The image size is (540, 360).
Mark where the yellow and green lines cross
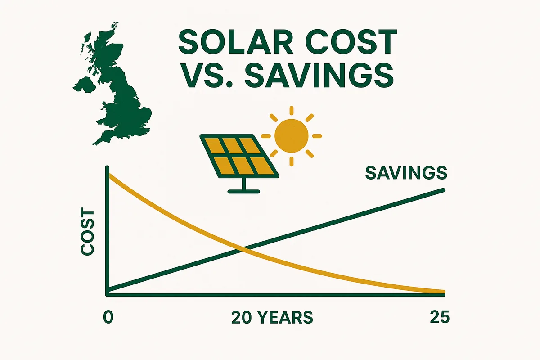(x=243, y=248)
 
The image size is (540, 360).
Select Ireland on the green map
(x=83, y=88)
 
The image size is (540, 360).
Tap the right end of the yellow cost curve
(x=443, y=292)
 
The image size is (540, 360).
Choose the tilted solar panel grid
(x=238, y=156)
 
